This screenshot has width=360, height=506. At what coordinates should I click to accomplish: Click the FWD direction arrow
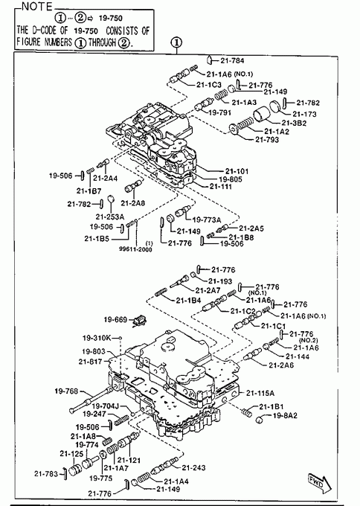320,484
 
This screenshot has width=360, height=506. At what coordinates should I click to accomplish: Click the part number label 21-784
232,60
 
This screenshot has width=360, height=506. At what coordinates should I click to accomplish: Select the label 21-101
237,171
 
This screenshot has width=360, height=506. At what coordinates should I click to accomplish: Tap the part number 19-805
231,179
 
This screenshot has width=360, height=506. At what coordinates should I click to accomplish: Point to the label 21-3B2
294,123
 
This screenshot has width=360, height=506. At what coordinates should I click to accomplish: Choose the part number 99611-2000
135,249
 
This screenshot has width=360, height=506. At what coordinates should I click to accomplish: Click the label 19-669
115,319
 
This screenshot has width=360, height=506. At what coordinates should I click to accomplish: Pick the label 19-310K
97,338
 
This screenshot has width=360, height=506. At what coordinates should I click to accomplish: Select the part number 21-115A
260,393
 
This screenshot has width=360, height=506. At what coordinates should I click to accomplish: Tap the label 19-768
66,391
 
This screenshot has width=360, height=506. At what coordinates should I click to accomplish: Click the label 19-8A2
285,416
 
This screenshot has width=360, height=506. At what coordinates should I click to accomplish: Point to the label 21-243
193,467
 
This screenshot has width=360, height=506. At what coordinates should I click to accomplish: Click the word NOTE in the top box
36,6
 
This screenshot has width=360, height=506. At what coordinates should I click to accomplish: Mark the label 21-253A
109,217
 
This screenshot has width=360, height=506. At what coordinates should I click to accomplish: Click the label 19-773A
207,220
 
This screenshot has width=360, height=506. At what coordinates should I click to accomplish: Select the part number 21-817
90,362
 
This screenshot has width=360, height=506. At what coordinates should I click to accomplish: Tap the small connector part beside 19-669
139,321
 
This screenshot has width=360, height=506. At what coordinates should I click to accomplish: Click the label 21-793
267,139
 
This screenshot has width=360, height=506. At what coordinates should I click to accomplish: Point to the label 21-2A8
133,203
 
